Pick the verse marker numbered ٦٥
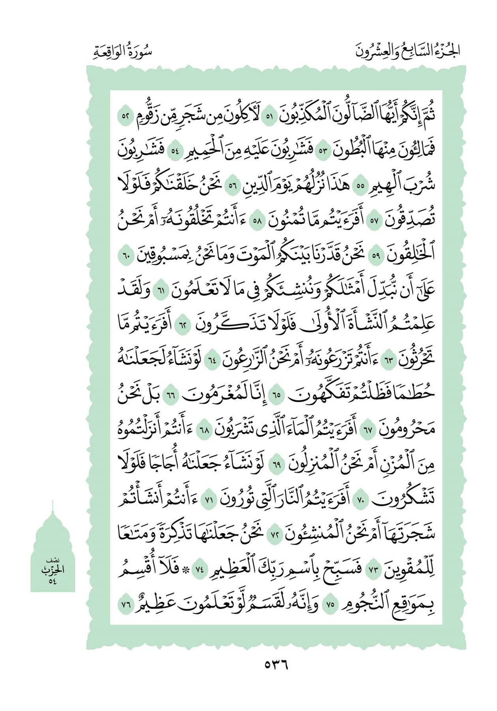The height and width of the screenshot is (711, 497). click(278, 394)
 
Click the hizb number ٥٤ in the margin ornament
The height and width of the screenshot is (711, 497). click(53, 581)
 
